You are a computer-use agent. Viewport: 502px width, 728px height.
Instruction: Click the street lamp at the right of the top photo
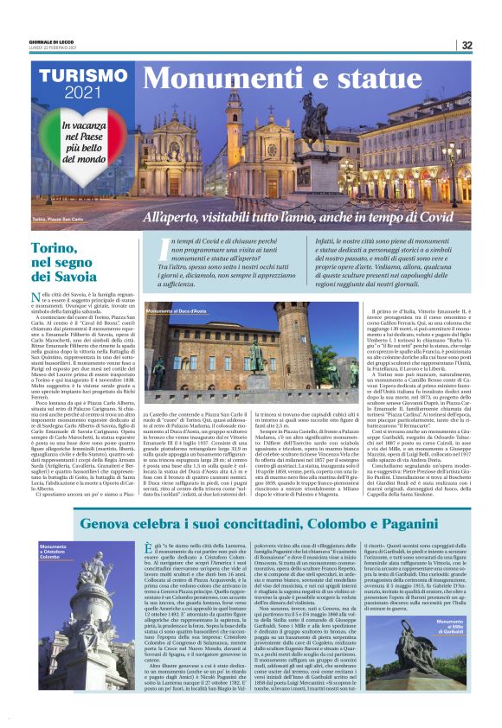(x=454, y=160)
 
